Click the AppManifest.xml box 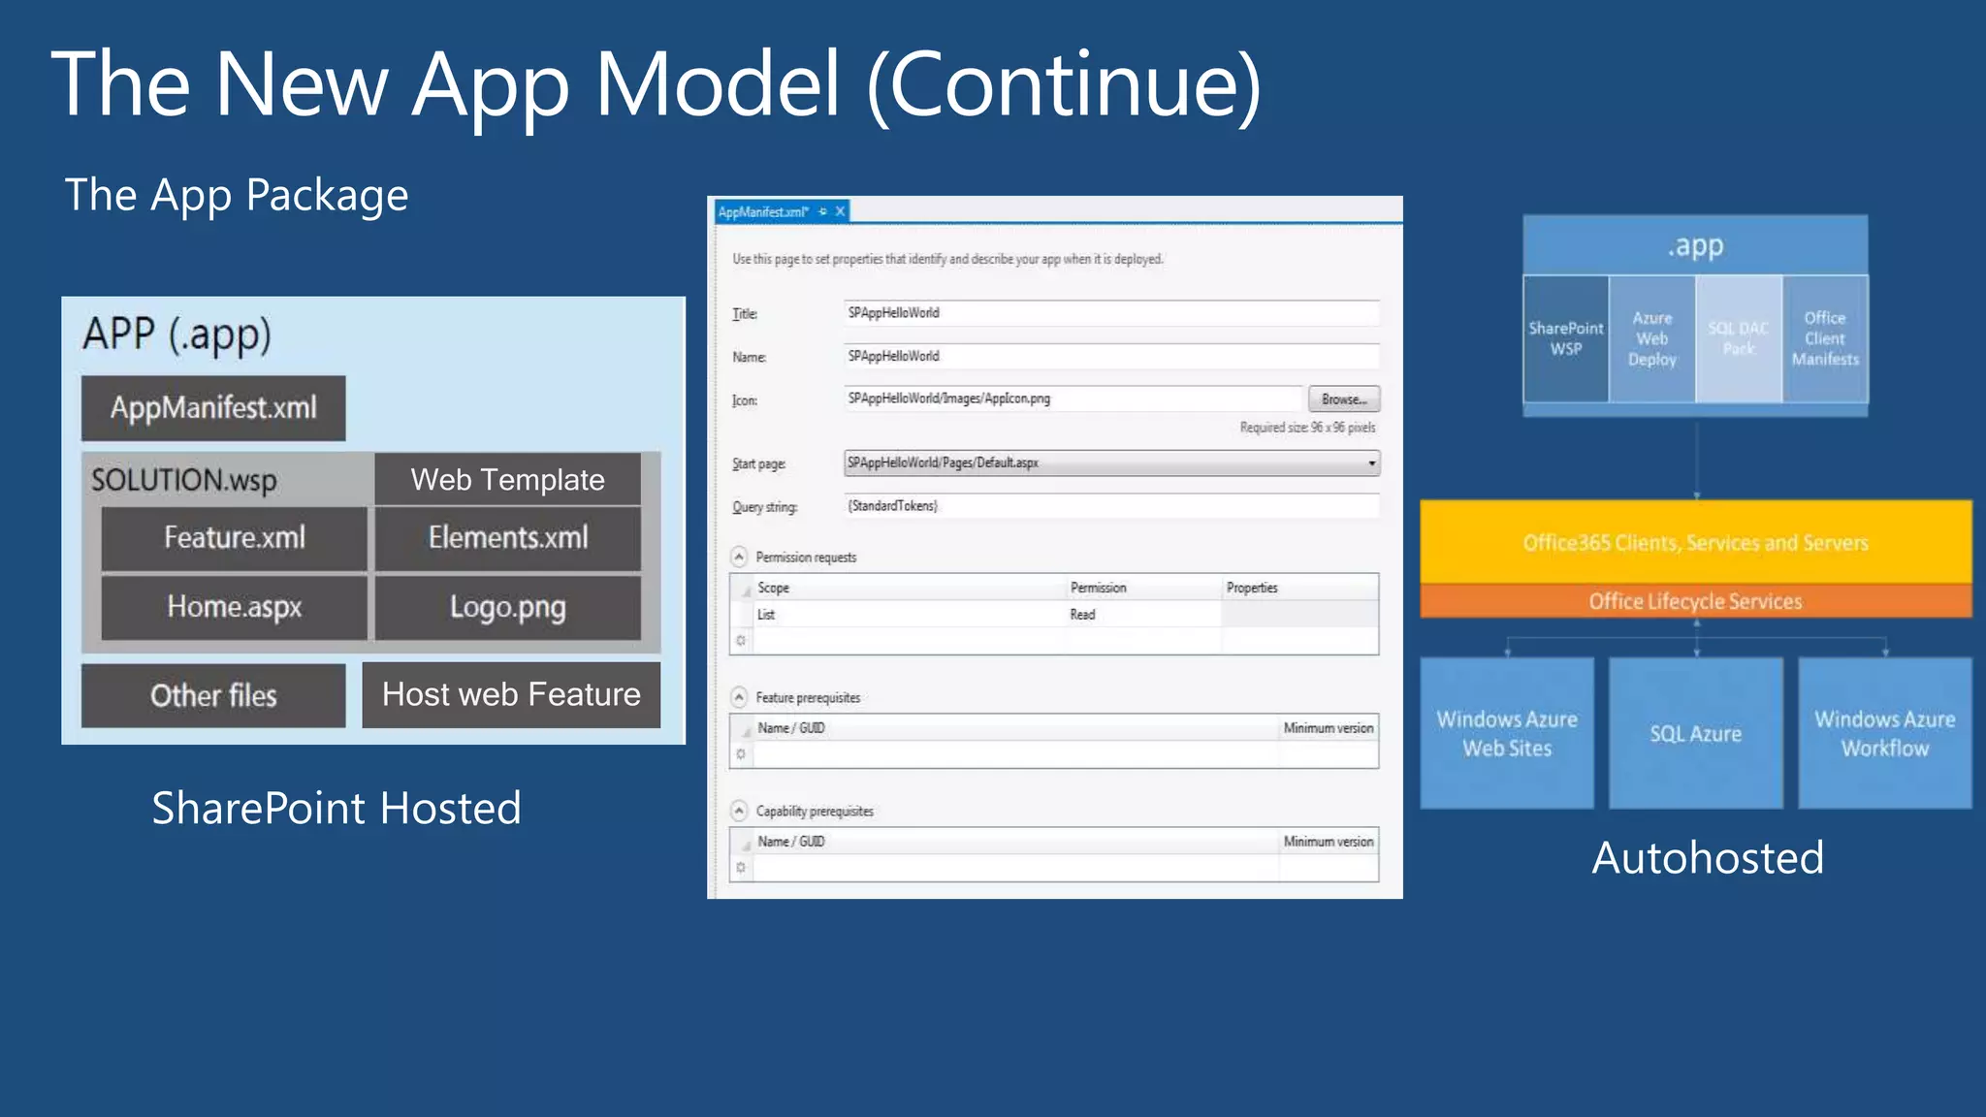[213, 408]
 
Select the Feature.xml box [234, 538]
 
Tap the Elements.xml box [507, 538]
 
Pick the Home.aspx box [234, 607]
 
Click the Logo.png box [507, 607]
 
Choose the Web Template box [507, 479]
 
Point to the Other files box [213, 695]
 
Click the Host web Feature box [511, 694]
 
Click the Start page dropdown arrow [1371, 463]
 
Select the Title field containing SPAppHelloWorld [1110, 313]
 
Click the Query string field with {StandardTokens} [1110, 506]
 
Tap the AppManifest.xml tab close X [841, 211]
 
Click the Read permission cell [1083, 615]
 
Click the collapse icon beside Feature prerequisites [739, 697]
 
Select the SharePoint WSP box [1565, 338]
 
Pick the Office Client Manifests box [1825, 338]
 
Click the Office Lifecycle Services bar [1695, 601]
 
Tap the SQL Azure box [1695, 734]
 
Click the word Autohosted [1707, 858]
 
